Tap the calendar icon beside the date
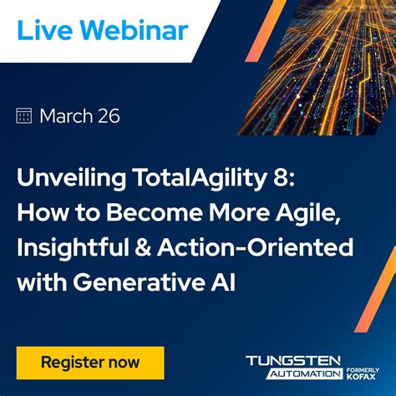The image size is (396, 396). tap(24, 116)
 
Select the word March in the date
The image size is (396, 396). tap(67, 116)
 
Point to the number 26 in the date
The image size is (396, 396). tap(108, 116)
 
